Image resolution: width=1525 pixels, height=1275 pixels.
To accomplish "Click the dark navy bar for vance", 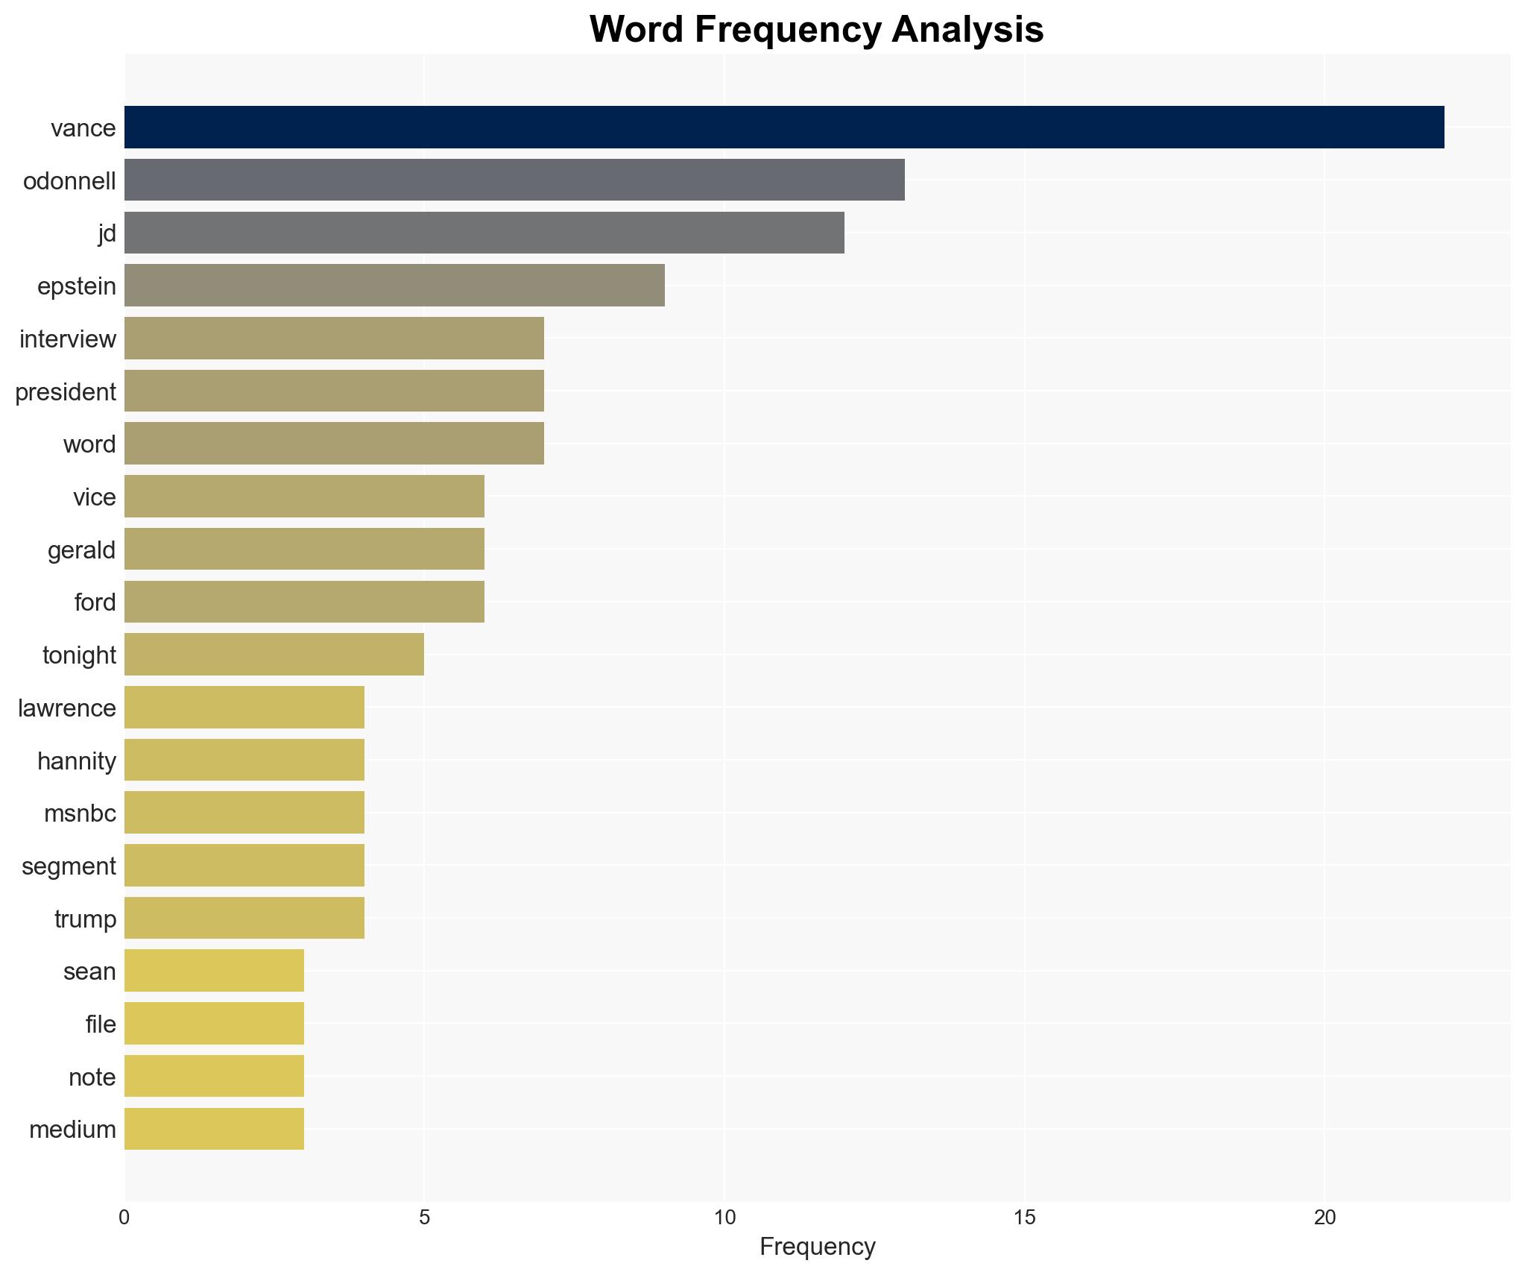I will (783, 127).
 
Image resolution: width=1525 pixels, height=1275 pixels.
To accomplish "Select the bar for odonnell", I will (514, 180).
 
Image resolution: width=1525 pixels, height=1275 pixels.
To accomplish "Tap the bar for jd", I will (484, 233).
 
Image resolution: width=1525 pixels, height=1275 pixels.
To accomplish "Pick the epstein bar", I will (394, 286).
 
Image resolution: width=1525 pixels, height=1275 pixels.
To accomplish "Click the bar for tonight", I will (274, 655).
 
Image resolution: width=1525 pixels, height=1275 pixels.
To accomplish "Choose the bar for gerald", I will (304, 550).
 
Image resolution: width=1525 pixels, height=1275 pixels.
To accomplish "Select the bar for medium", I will (214, 1129).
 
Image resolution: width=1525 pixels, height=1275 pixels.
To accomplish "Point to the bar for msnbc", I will (244, 813).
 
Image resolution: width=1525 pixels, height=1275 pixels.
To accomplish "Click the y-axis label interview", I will (68, 339).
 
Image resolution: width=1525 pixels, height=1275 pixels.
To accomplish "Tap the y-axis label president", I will (66, 392).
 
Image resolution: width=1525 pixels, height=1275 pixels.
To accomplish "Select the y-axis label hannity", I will (77, 761).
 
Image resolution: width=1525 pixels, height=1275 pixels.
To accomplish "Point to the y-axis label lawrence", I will (67, 708).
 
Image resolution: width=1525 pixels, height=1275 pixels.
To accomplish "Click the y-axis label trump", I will (85, 919).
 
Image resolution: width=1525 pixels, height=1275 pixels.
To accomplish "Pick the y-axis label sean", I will (89, 972).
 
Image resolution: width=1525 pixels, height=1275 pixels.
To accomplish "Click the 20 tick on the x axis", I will (1324, 1218).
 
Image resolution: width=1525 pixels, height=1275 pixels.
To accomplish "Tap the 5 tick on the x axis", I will (424, 1218).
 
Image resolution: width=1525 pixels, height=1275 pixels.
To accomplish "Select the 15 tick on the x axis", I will (1024, 1218).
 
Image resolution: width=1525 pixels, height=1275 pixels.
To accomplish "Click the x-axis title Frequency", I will (817, 1247).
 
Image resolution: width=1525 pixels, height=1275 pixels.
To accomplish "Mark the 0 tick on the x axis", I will (124, 1218).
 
